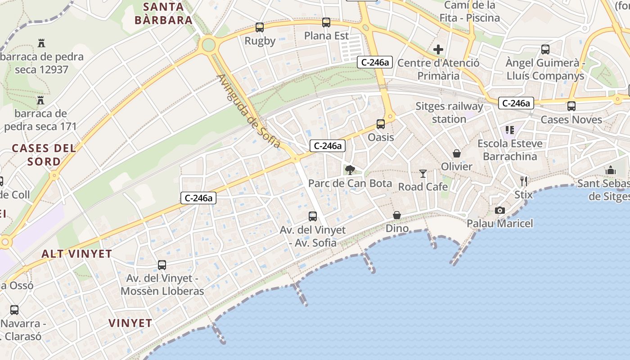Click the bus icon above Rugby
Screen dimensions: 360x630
coord(260,27)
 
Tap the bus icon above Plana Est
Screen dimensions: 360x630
coord(326,22)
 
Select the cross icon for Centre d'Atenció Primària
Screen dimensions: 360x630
coord(438,49)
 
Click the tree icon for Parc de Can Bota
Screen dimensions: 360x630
coord(350,170)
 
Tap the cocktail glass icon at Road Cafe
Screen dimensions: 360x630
coord(423,173)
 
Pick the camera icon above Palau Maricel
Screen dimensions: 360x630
coord(499,210)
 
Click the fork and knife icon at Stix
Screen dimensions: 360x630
coord(524,181)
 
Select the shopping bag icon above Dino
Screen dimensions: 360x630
coord(397,216)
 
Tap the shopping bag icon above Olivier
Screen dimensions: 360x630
coord(457,153)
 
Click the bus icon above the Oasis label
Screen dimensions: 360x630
coord(381,124)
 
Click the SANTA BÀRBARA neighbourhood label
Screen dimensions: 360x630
coord(164,13)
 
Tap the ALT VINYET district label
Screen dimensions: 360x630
coord(76,254)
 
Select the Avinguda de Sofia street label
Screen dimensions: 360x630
coord(249,111)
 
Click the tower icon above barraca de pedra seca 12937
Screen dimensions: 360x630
coord(42,43)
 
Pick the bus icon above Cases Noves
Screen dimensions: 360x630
coord(571,106)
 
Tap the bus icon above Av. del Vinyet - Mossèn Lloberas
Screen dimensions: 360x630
coord(162,265)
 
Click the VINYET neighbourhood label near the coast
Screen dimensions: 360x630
coord(130,323)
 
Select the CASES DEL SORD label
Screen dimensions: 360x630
coord(44,154)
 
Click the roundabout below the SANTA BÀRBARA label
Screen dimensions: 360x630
coord(208,45)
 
